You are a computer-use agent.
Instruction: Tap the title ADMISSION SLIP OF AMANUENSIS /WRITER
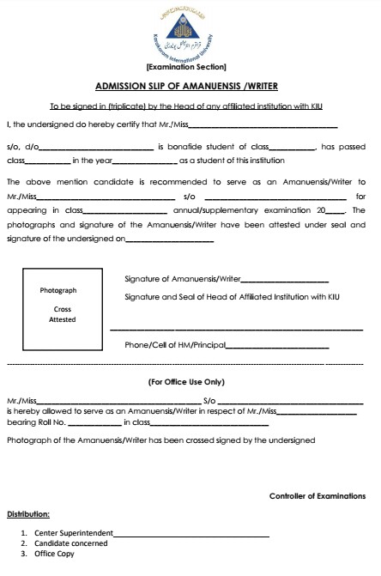(190, 87)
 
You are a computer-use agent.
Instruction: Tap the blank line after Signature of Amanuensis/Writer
(285, 280)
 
